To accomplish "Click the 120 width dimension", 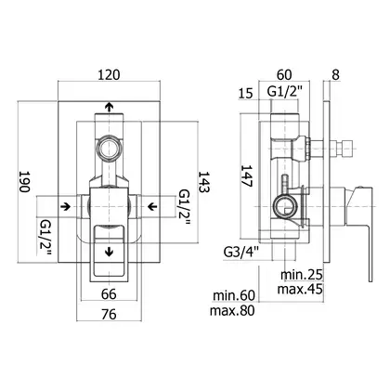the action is click(x=109, y=75).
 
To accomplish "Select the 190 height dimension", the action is click(x=25, y=181).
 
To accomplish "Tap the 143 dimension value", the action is click(x=204, y=182).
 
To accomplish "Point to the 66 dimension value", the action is click(x=109, y=294).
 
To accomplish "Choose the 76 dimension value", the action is click(x=109, y=315).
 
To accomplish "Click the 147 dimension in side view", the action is click(x=247, y=175).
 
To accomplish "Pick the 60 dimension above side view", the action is click(x=284, y=74).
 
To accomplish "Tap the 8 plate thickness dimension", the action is click(x=335, y=74).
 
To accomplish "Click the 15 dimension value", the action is click(x=246, y=93).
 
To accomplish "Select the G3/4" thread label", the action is click(x=240, y=253).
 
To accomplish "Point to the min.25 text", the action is click(x=302, y=274).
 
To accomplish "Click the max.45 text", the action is click(x=300, y=289).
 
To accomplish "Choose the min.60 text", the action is click(x=234, y=295).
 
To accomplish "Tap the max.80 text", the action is click(x=232, y=310).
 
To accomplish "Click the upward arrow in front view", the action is click(x=109, y=107).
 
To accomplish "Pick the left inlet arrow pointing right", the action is click(x=65, y=206).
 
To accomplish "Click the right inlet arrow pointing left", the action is click(x=152, y=206).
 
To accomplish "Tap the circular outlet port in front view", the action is click(x=109, y=148).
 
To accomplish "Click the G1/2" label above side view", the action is click(x=284, y=92).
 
